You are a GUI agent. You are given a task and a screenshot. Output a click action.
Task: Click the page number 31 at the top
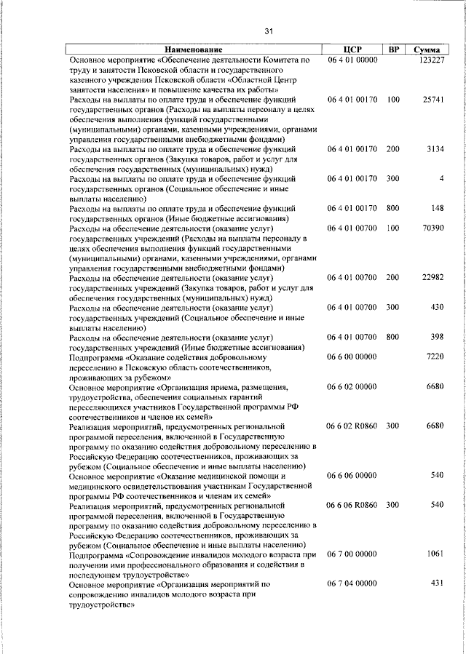[x=269, y=31]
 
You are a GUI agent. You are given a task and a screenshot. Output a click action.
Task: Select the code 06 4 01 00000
[x=352, y=60]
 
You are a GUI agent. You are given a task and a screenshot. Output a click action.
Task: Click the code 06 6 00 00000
[x=352, y=357]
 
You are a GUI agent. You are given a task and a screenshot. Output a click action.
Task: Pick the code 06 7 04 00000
[x=352, y=583]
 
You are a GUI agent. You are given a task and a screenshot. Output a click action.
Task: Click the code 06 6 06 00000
[x=352, y=475]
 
